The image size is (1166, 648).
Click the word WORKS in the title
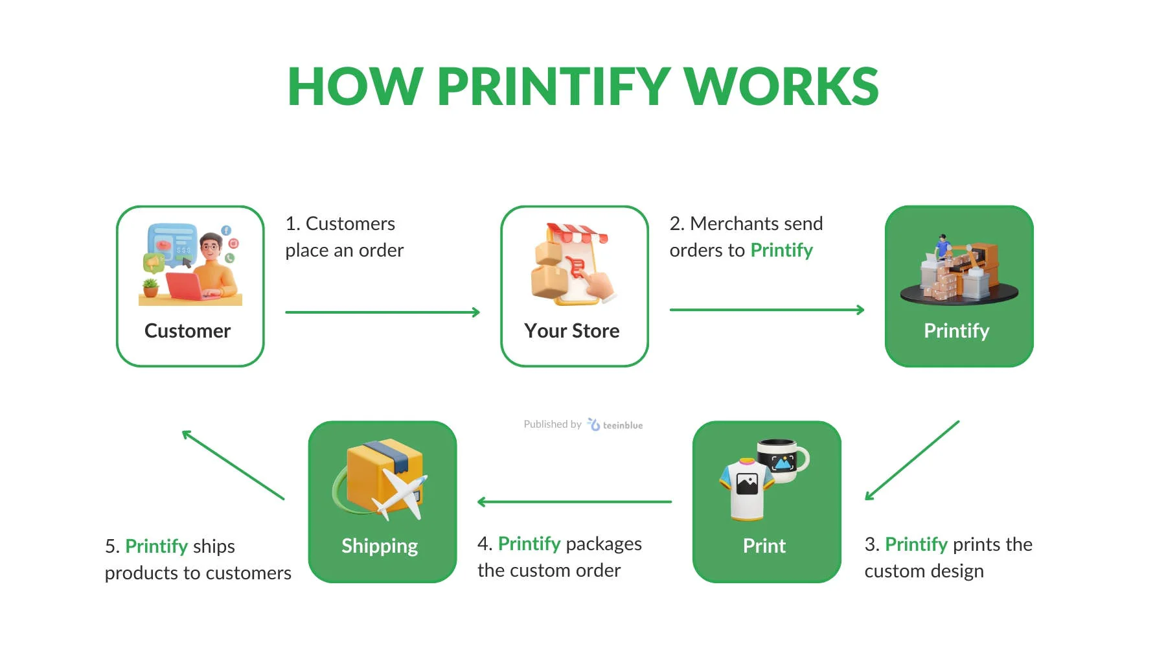pyautogui.click(x=781, y=86)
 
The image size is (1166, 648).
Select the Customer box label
pyautogui.click(x=187, y=330)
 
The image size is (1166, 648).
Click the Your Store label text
pyautogui.click(x=572, y=330)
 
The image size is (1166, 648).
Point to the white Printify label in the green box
pyautogui.click(x=957, y=331)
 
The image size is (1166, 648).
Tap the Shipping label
pyautogui.click(x=380, y=546)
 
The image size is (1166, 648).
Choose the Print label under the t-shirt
pyautogui.click(x=764, y=546)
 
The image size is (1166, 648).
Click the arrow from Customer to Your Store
pyautogui.click(x=382, y=312)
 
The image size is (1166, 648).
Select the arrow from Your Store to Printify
pyautogui.click(x=767, y=310)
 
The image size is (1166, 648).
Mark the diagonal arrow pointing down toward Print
pyautogui.click(x=912, y=461)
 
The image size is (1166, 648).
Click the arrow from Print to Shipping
pyautogui.click(x=575, y=502)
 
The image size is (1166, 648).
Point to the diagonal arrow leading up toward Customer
pyautogui.click(x=233, y=465)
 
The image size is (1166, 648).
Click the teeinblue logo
pyautogui.click(x=615, y=424)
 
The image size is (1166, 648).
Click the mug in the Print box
pyautogui.click(x=783, y=461)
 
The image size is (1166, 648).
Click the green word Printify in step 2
pyautogui.click(x=782, y=251)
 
